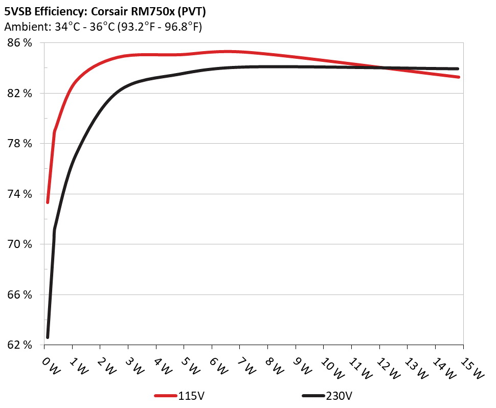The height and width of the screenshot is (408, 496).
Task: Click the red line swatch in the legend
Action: coord(166,396)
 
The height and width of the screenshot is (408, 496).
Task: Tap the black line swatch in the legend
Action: coord(313,396)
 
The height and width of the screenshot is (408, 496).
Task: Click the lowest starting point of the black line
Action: coord(48,337)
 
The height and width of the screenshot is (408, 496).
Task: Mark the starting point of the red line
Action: coord(48,202)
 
